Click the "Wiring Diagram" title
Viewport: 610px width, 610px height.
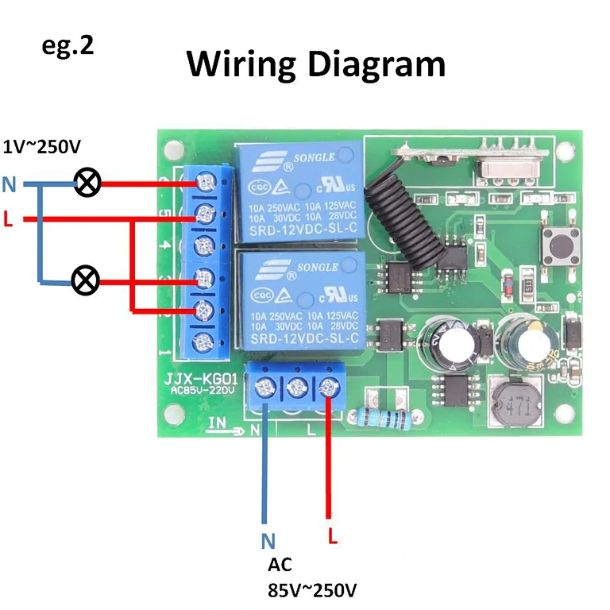tap(315, 64)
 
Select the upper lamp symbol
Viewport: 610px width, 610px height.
tap(87, 184)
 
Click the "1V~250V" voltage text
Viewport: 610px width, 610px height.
tap(41, 147)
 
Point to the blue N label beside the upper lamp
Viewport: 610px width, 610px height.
tap(9, 185)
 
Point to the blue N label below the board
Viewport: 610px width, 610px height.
tap(268, 542)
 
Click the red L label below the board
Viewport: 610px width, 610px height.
tap(333, 536)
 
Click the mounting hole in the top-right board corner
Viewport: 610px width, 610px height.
tap(565, 149)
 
